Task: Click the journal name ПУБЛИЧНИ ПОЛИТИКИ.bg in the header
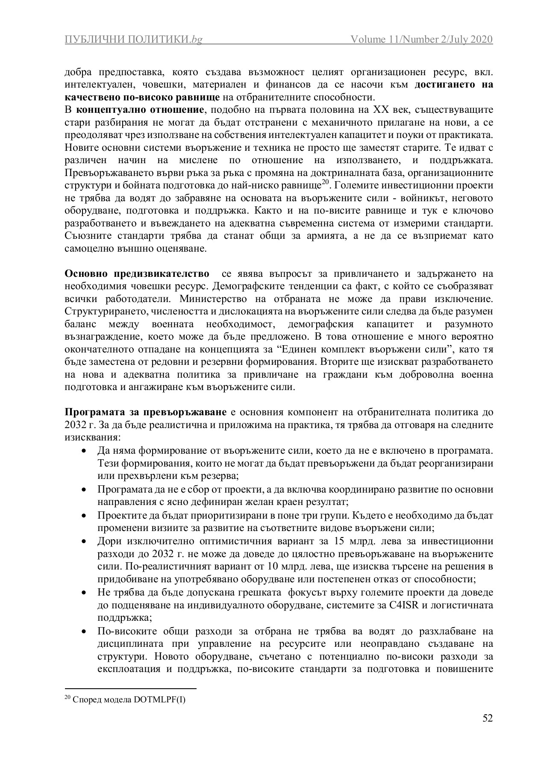[133, 40]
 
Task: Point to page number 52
[488, 718]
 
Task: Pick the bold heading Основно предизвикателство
[137, 273]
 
